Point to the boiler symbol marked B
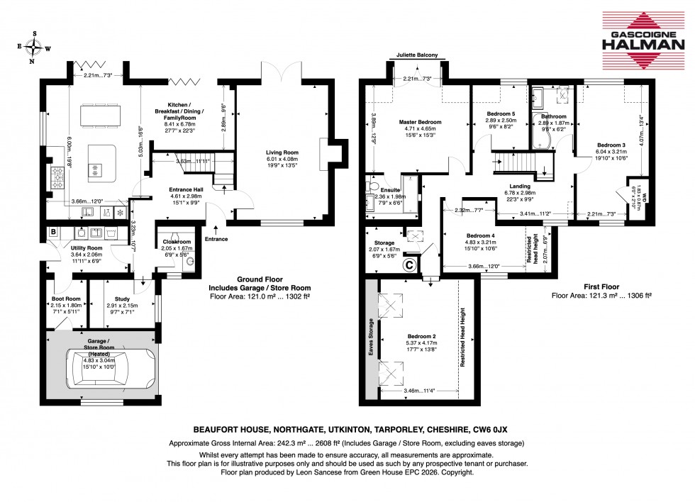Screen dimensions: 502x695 (53, 231)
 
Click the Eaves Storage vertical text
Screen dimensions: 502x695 (371, 340)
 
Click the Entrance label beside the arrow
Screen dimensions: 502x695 (217, 239)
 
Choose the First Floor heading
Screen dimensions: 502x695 (601, 286)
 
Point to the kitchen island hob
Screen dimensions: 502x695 (94, 168)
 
